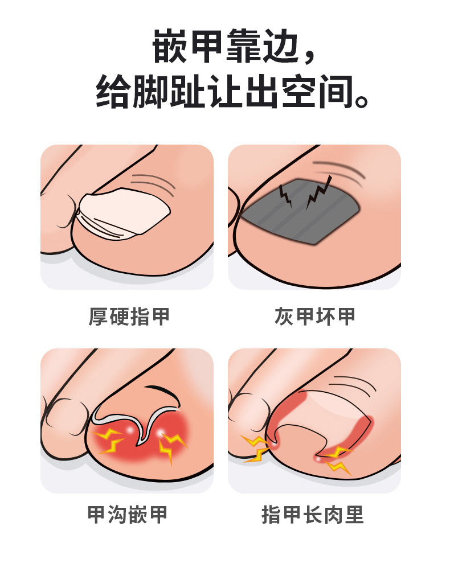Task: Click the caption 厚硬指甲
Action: click(129, 317)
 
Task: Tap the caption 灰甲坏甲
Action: click(314, 317)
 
